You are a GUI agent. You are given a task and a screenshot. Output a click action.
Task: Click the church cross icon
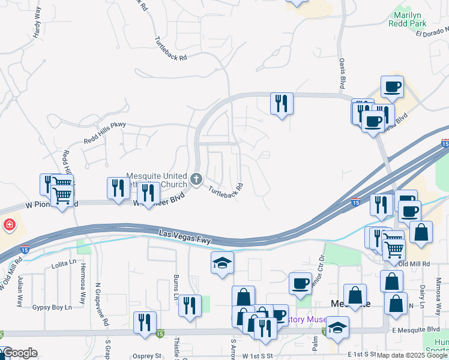pos(196,179)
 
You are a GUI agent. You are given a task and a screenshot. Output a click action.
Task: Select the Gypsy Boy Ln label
pos(52,307)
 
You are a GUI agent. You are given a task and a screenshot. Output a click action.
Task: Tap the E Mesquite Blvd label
pos(415,329)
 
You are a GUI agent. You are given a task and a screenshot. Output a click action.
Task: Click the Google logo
pos(19,353)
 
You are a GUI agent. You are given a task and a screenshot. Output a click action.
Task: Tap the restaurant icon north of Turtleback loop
pos(281,104)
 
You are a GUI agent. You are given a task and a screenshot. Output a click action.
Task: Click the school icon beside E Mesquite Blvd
pos(337,328)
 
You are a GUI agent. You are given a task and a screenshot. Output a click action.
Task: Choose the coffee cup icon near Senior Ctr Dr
pos(300,283)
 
